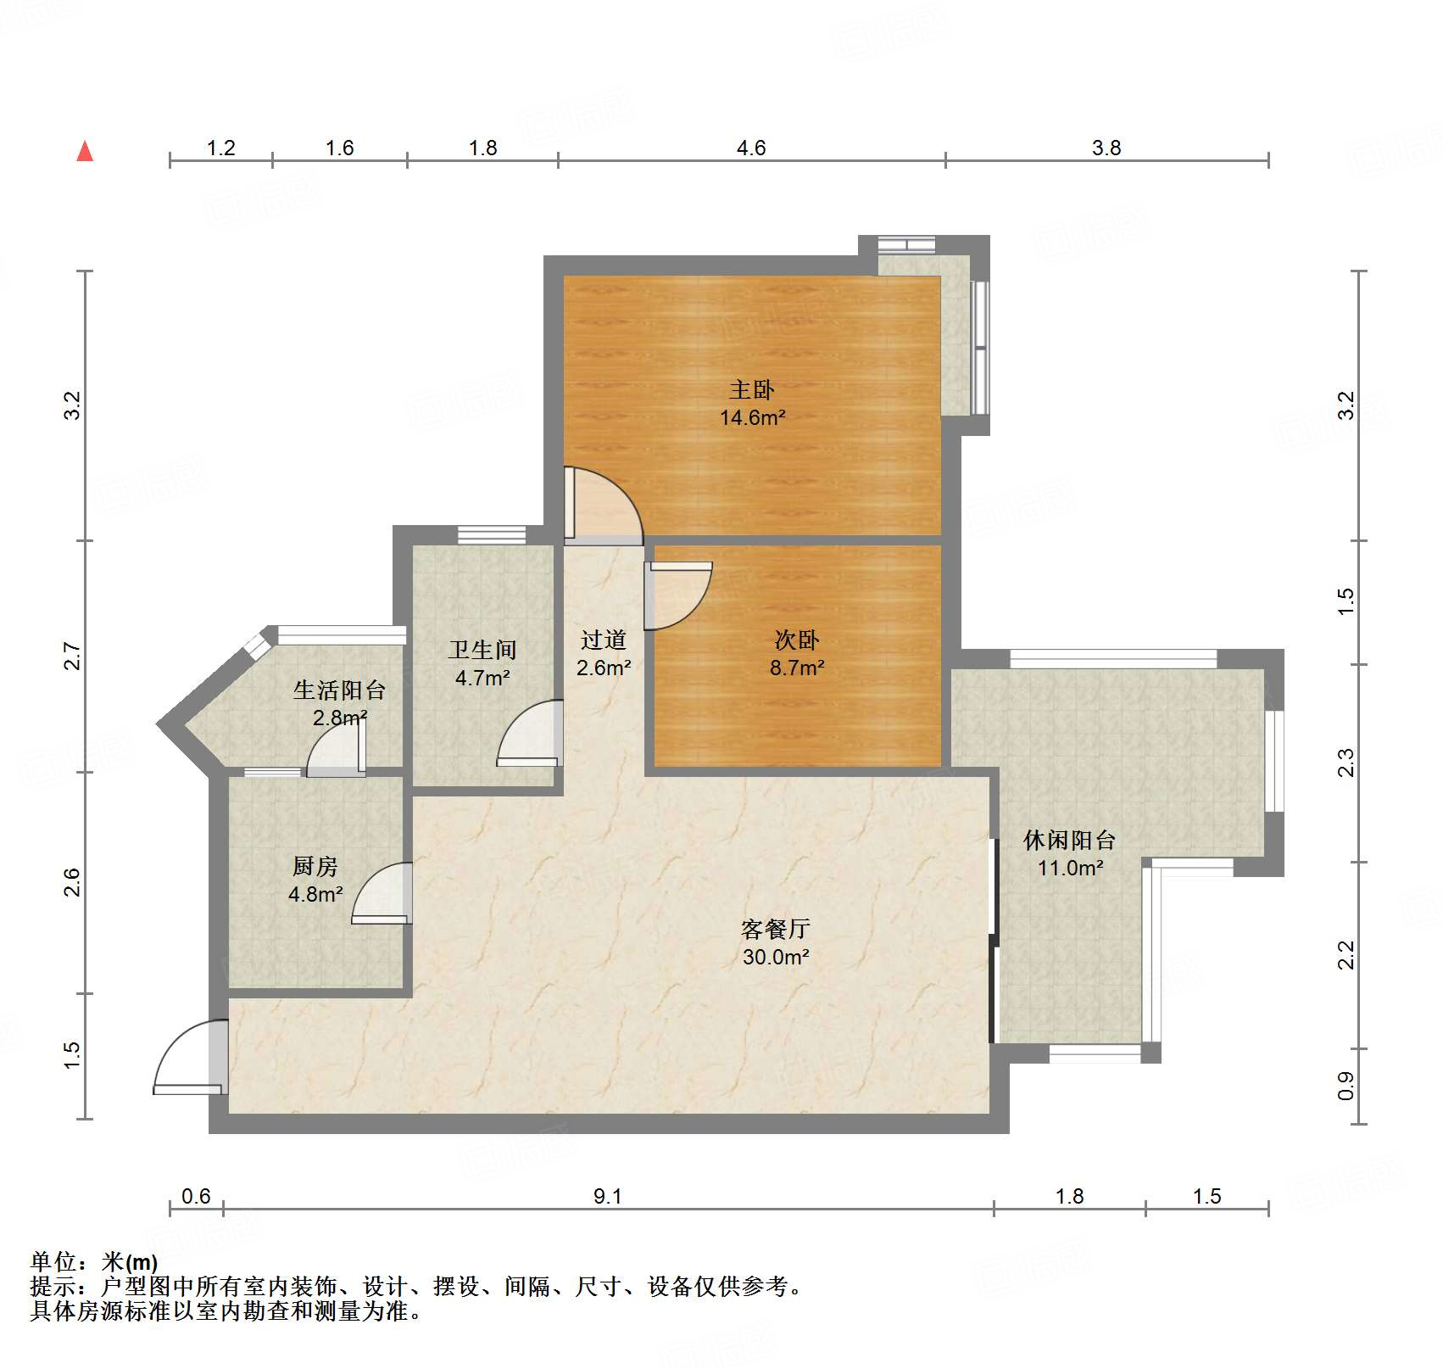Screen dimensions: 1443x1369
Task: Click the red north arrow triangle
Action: [x=85, y=151]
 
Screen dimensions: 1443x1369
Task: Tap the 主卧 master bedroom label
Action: [x=752, y=390]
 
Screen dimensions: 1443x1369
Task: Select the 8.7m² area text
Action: [x=797, y=668]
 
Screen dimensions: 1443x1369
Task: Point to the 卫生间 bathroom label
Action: [x=482, y=650]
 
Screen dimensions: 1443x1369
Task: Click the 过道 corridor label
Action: [x=604, y=640]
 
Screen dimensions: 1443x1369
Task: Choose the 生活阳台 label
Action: [x=339, y=690]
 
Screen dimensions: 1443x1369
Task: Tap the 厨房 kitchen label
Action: [x=315, y=866]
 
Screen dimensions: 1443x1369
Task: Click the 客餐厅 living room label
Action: [x=776, y=930]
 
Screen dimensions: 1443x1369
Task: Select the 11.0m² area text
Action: [x=1071, y=869]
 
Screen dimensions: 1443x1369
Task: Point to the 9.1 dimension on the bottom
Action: [x=608, y=1197]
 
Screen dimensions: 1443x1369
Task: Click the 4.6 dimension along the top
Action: [x=751, y=148]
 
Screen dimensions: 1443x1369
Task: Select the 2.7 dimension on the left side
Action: [x=73, y=657]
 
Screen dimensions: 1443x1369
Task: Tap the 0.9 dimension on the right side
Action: [x=1346, y=1087]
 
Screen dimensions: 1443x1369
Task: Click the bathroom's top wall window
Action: [x=492, y=534]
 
